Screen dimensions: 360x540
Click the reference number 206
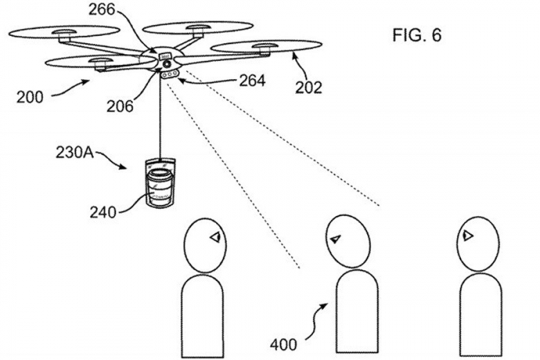point(120,107)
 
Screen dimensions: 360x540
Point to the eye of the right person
point(467,235)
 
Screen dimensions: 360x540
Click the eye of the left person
point(215,237)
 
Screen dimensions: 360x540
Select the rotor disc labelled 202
point(266,47)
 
